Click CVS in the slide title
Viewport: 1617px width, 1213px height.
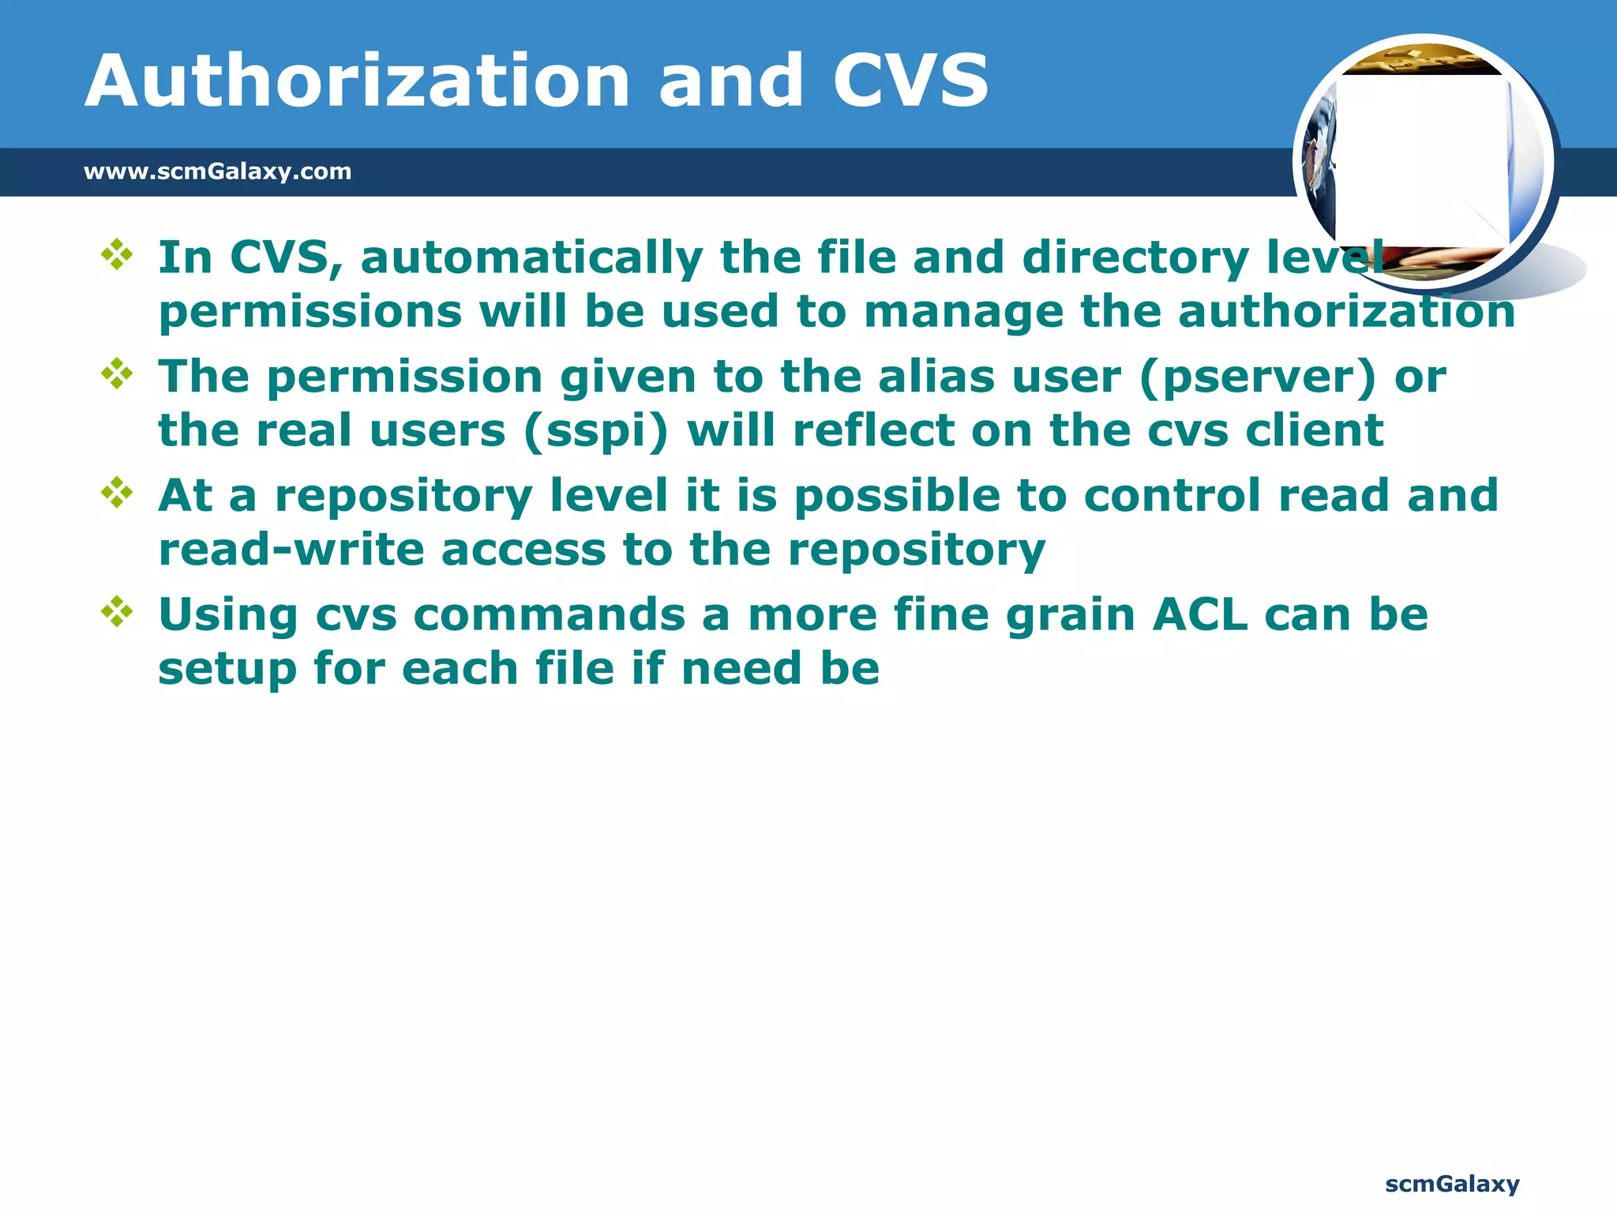[x=910, y=81]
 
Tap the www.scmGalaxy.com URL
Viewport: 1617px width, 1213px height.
[x=217, y=171]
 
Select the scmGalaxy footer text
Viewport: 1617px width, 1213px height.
[x=1452, y=1184]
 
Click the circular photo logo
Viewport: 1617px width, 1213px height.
[x=1424, y=162]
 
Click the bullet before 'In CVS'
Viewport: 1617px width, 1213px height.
[x=117, y=255]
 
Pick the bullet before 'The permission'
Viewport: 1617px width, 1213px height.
[x=117, y=374]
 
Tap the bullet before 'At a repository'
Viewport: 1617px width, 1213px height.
[x=117, y=493]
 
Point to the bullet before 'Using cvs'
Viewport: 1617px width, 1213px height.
[x=117, y=612]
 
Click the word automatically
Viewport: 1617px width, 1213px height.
[x=531, y=258]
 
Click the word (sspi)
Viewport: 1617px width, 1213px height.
[x=596, y=432]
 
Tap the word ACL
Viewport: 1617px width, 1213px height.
[x=1199, y=614]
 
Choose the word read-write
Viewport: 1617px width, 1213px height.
[x=291, y=550]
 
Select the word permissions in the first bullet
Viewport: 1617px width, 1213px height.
[x=310, y=313]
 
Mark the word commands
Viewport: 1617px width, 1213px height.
[x=549, y=614]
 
